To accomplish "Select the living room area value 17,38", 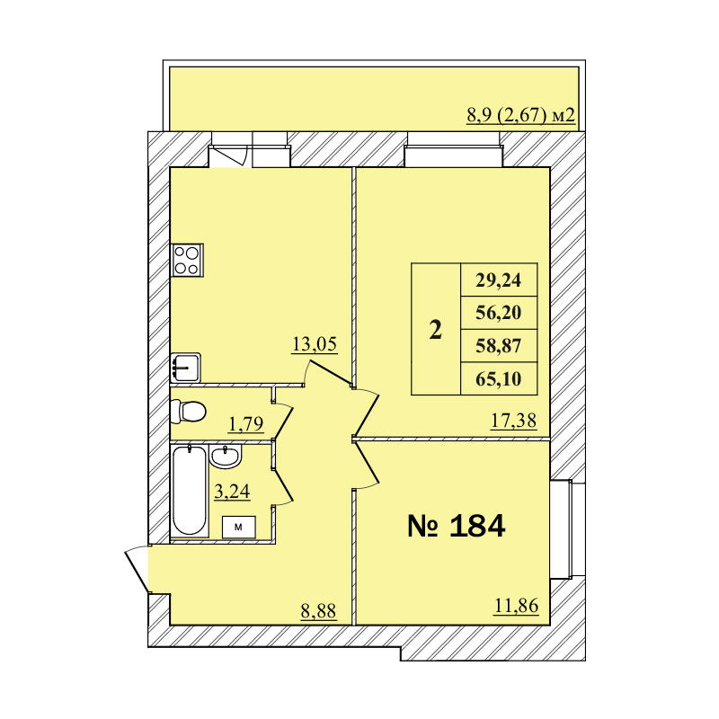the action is coord(514,419).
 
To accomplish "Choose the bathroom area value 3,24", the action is coord(231,491).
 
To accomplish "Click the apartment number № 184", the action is coord(457,527).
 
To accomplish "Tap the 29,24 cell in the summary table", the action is coord(499,280).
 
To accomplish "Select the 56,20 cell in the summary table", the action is coord(499,313).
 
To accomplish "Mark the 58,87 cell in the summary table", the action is coord(499,345).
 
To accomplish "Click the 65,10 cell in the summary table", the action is coord(499,378).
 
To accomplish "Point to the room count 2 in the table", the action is coord(436,331).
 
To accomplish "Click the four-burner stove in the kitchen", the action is coord(187,260).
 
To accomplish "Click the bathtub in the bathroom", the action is coord(188,492).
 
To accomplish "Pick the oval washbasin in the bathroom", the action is coord(226,457).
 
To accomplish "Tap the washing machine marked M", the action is coord(238,528).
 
